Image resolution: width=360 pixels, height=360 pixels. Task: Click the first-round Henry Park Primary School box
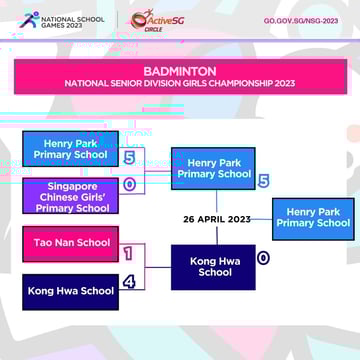[70, 149]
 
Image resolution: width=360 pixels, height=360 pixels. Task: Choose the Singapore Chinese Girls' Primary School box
[70, 196]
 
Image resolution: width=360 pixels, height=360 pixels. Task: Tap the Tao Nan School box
[70, 243]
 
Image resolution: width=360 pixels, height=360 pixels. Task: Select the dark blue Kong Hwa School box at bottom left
[70, 291]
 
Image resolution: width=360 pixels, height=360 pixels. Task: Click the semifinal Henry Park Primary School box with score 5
[212, 168]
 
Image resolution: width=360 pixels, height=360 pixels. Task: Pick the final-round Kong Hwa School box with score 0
[212, 266]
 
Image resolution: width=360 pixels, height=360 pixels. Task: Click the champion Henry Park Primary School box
[312, 218]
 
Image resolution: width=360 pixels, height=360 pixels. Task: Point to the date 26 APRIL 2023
[217, 219]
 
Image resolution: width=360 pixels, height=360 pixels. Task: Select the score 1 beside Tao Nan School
[129, 254]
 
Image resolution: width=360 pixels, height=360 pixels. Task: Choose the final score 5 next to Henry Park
[263, 181]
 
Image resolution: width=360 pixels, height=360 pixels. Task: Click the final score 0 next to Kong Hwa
[263, 257]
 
